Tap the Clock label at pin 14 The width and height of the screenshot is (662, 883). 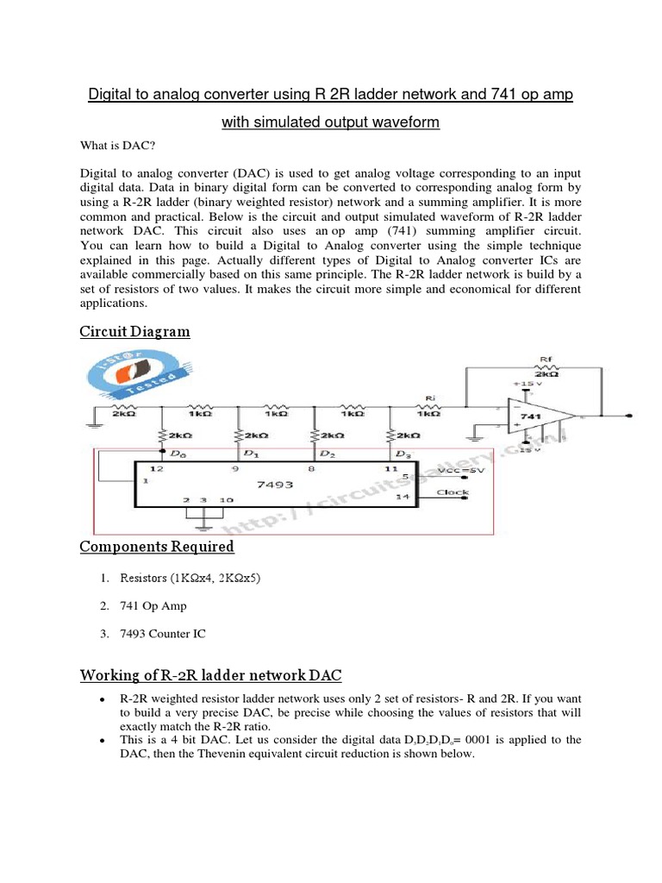pyautogui.click(x=453, y=492)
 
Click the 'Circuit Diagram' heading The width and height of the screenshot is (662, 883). pyautogui.click(x=134, y=332)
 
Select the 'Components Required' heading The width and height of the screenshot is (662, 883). pyautogui.click(x=157, y=547)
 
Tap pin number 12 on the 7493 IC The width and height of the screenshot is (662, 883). pyautogui.click(x=158, y=468)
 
